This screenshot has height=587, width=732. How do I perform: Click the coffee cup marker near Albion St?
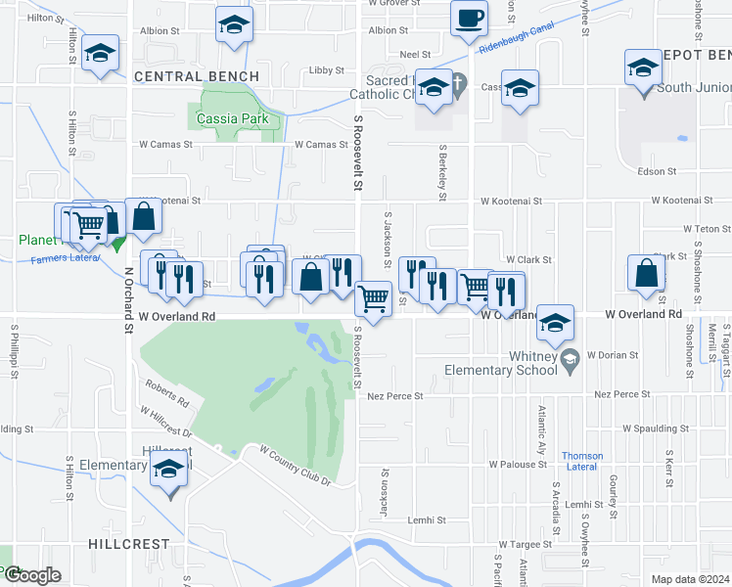coord(469,18)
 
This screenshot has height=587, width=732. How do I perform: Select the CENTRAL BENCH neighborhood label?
coord(197,76)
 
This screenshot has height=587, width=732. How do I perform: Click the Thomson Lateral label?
coord(581,461)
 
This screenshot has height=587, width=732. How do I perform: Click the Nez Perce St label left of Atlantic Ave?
coord(395,396)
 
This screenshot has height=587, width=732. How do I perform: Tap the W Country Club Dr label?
coord(296,465)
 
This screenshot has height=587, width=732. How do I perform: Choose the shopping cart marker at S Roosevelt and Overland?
coord(372,297)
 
